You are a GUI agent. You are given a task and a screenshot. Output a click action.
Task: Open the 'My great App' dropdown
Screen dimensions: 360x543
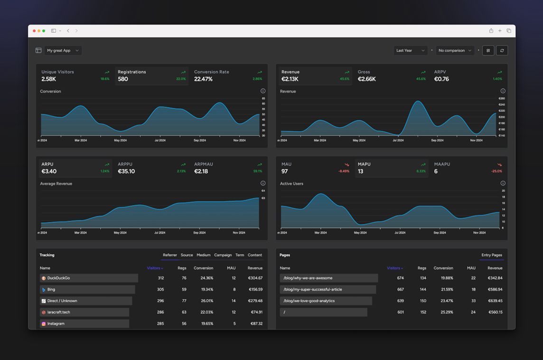point(63,50)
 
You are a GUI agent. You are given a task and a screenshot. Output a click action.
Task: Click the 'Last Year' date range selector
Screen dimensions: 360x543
point(410,50)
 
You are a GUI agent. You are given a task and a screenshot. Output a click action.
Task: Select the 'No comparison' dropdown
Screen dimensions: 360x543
point(455,50)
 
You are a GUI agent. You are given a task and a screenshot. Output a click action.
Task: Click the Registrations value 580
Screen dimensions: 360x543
point(123,79)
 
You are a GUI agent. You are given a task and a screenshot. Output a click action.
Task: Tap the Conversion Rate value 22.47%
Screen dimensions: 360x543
point(203,79)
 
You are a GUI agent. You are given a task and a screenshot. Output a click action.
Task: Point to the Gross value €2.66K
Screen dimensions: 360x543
point(366,79)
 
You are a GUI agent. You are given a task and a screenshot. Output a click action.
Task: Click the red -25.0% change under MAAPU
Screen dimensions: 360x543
point(496,171)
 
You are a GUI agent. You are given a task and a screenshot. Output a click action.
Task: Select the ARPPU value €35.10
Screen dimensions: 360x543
point(126,171)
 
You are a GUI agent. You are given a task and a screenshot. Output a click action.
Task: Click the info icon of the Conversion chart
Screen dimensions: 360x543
point(263,91)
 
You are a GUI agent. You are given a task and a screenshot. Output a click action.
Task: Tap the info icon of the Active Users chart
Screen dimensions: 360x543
point(503,183)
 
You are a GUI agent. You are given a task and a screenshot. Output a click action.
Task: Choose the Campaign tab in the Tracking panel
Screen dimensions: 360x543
point(223,255)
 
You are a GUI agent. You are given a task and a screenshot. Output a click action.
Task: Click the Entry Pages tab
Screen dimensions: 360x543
point(491,255)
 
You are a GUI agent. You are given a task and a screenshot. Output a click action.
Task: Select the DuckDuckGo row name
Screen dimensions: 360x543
point(58,278)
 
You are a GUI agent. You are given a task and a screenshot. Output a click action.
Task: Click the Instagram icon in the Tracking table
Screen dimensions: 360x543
point(44,324)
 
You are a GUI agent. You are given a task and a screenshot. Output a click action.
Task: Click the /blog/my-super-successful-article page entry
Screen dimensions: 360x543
point(312,289)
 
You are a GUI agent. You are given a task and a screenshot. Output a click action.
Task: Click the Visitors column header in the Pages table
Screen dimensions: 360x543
point(393,268)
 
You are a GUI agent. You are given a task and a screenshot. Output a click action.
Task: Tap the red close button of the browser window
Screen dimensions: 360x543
point(34,31)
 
